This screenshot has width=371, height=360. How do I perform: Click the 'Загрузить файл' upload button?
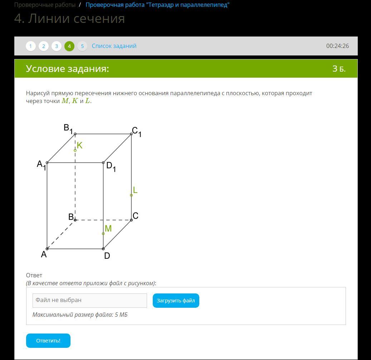coord(176,300)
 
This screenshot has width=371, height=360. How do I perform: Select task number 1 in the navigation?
coord(30,46)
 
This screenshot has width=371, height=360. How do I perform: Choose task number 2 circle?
coord(44,46)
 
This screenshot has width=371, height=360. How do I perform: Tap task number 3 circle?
coord(56,46)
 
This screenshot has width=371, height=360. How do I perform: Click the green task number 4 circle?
coord(69,46)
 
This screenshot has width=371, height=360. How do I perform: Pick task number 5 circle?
coord(82,46)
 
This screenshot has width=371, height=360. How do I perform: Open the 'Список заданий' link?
coord(114,46)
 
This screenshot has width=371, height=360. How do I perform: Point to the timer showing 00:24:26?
coord(337,46)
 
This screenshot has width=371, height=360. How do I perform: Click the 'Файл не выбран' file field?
coord(90,300)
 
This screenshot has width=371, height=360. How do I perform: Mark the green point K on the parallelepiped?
coord(75,150)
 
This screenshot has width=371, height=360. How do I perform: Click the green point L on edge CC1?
coord(131,195)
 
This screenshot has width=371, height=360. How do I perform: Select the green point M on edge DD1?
coord(103,234)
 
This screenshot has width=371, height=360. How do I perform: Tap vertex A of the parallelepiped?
coord(47,249)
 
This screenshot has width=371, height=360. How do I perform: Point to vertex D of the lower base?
coord(103,249)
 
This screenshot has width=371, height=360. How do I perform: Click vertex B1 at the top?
coord(75,134)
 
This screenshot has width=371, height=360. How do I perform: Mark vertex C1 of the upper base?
coord(131,134)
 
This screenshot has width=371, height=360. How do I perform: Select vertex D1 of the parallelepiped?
coord(103,162)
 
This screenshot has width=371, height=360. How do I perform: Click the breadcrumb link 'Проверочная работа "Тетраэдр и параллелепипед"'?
coord(157,5)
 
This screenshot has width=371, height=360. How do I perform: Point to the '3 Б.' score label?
coord(339,69)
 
